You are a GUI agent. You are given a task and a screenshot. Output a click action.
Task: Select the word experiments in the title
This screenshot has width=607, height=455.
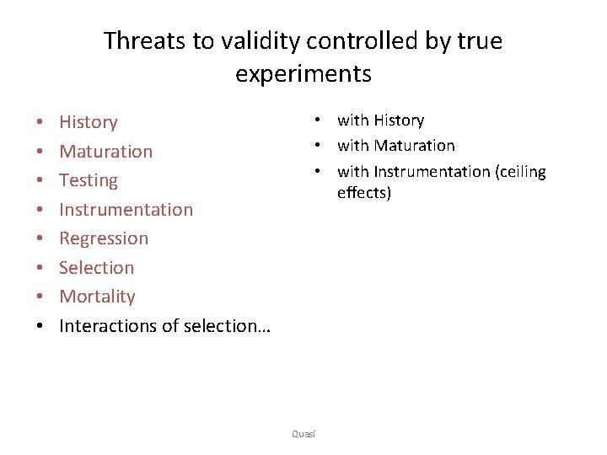303,73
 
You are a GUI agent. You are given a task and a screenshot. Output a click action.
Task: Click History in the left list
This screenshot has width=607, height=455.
88,122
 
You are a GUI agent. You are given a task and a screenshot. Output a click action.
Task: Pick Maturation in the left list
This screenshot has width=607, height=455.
105,152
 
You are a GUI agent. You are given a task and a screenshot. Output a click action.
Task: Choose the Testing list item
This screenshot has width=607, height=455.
88,180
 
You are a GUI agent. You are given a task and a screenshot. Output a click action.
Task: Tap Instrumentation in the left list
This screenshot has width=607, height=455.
126,210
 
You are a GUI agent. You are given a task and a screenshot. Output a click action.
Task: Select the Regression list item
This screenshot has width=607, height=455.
103,238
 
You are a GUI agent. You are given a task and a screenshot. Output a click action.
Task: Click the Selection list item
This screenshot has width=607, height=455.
96,268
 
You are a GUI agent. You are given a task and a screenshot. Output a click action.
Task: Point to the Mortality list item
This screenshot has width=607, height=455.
96,297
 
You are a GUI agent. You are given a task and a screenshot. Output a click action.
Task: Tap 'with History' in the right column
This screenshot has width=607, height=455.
380,120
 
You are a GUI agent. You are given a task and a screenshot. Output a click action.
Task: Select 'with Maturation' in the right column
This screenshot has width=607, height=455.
395,146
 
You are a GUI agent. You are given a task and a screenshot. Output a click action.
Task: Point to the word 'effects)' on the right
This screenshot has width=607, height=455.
364,193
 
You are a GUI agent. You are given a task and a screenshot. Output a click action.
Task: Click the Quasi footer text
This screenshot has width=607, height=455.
303,433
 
